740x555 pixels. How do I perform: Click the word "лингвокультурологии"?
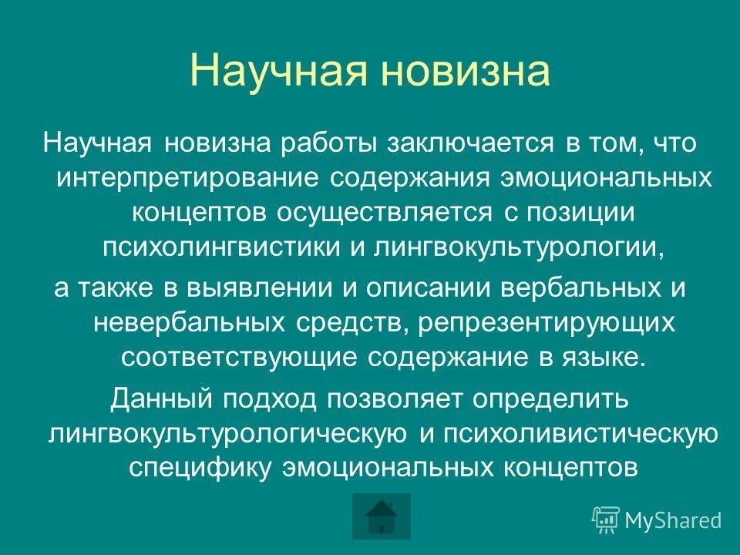coord(518,247)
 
